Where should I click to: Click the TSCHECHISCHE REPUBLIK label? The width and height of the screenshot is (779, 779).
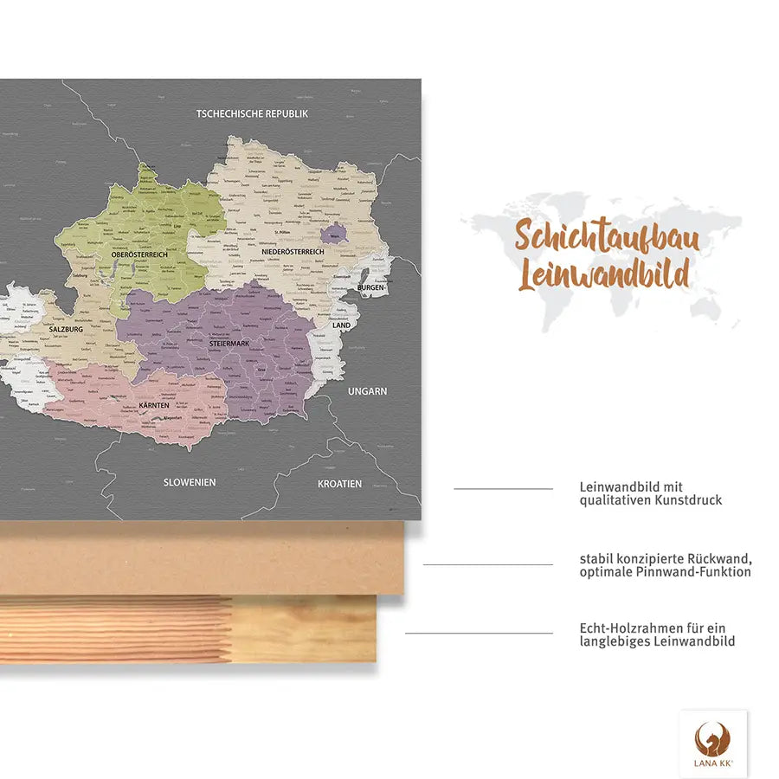pyautogui.click(x=253, y=113)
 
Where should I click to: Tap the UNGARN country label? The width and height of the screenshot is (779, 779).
pyautogui.click(x=367, y=391)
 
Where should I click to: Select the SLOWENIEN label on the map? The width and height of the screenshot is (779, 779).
pyautogui.click(x=190, y=482)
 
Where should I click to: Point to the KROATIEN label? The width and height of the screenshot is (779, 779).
pyautogui.click(x=339, y=484)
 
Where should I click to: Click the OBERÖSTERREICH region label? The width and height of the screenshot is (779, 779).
pyautogui.click(x=138, y=254)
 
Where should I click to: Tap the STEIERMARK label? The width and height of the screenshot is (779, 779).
pyautogui.click(x=229, y=344)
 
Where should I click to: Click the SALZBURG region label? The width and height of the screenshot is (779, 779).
pyautogui.click(x=66, y=330)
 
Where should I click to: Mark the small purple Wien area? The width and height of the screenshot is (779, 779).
pyautogui.click(x=333, y=232)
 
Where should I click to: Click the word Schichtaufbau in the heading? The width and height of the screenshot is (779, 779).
pyautogui.click(x=607, y=237)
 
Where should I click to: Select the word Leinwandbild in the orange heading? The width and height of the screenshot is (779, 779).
pyautogui.click(x=603, y=274)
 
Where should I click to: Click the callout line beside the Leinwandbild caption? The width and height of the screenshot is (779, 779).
pyautogui.click(x=503, y=489)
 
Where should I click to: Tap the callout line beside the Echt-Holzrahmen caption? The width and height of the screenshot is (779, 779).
pyautogui.click(x=479, y=633)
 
